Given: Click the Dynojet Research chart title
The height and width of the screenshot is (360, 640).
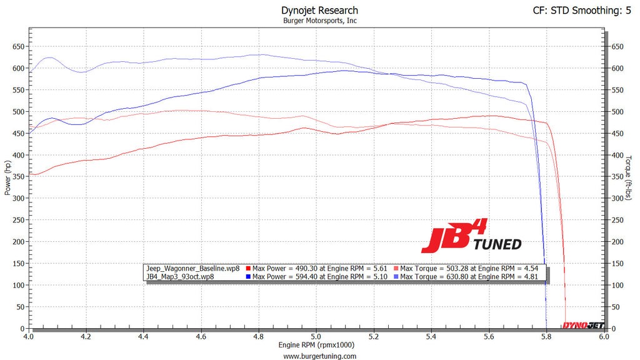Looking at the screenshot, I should tap(319, 10).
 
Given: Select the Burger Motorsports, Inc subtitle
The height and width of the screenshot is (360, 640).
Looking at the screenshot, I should tap(319, 21).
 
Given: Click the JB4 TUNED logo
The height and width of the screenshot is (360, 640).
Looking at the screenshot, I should tap(471, 236).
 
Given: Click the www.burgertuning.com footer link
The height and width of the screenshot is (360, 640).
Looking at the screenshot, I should tap(319, 356).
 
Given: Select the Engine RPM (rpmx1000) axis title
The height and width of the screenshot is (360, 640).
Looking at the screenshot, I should tap(316, 345).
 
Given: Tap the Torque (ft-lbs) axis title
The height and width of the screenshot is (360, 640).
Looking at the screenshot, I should tap(630, 177).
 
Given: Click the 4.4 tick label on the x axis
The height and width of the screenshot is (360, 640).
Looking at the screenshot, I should tap(144, 336).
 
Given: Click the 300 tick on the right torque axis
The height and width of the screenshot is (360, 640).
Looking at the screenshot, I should tap(617, 198).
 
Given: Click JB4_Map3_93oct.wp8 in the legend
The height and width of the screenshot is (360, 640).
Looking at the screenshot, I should tap(174, 276).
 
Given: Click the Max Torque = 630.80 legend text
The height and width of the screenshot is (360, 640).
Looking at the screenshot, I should tap(466, 276).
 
